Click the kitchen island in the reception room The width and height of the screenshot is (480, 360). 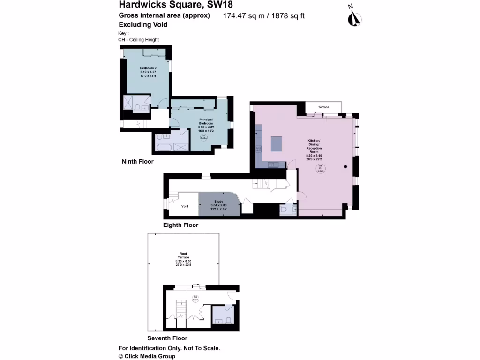click(x=277, y=144)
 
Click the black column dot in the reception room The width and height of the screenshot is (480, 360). click(x=345, y=166)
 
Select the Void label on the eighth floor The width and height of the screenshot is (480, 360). click(x=185, y=206)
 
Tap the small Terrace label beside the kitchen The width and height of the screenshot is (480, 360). click(x=323, y=107)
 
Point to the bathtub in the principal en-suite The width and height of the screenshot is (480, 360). click(x=163, y=147)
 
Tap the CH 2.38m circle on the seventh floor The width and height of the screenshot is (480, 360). click(x=195, y=298)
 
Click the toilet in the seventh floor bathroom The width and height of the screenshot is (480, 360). click(x=228, y=321)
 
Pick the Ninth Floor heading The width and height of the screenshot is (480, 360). click(x=137, y=162)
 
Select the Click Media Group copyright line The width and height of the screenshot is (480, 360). click(x=147, y=356)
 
